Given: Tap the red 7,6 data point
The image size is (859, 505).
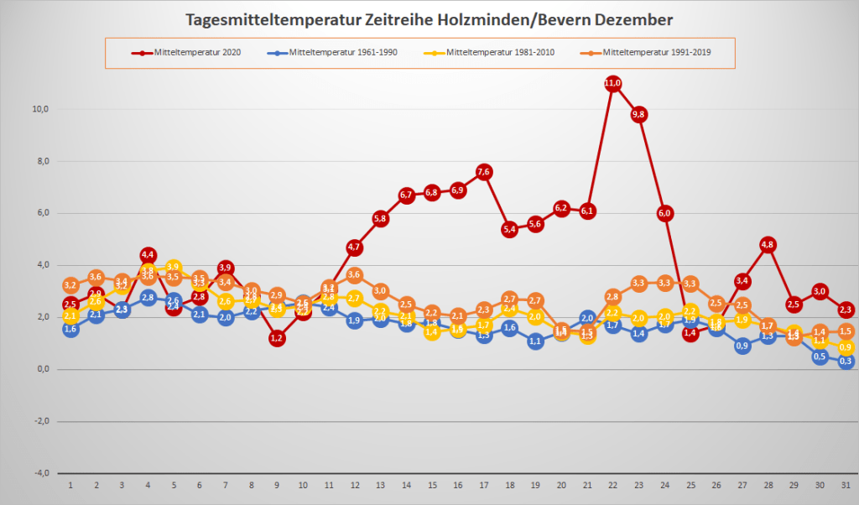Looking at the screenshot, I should [483, 172].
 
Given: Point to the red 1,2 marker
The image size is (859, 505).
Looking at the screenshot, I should [277, 338].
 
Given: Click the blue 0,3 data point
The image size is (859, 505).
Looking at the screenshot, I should [846, 362].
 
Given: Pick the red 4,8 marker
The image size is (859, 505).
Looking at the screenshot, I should [768, 245].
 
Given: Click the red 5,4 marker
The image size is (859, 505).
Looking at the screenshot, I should [509, 229].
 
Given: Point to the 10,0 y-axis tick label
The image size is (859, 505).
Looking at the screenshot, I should [39, 108].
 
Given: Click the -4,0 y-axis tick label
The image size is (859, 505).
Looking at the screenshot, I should [39, 473].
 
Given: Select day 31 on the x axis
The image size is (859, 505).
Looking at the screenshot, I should [846, 485].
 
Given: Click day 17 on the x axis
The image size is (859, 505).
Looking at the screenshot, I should [483, 485].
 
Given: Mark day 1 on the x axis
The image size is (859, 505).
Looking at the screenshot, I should [70, 485].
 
